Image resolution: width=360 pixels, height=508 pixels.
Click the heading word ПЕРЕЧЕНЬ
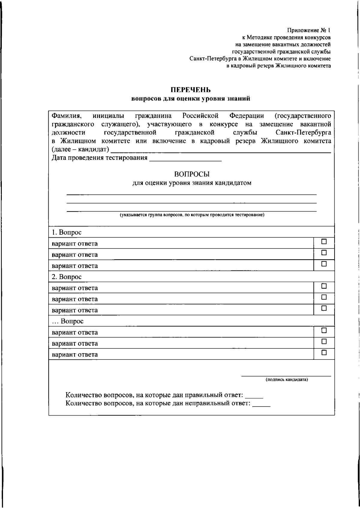(191, 90)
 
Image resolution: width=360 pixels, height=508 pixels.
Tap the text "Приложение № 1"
(309, 30)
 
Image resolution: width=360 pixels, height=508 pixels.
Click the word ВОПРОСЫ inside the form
(192, 174)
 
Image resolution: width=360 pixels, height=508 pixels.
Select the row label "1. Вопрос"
(67, 232)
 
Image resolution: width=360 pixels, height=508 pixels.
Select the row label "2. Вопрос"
(67, 277)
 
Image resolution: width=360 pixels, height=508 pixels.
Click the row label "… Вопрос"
(68, 321)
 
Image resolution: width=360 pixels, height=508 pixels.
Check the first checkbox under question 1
(324, 242)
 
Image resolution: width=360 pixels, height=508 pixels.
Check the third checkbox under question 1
(324, 264)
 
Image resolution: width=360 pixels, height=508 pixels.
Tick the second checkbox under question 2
(324, 297)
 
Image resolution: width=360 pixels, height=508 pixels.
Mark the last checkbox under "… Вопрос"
(324, 353)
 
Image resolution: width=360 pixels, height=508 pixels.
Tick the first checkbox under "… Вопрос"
(324, 330)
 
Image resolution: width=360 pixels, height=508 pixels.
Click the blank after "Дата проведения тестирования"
(185, 159)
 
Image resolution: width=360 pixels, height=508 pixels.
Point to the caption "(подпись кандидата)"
(286, 380)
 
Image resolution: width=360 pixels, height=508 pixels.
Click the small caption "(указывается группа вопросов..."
(192, 215)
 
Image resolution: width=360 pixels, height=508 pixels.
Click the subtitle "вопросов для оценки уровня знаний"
(191, 99)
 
